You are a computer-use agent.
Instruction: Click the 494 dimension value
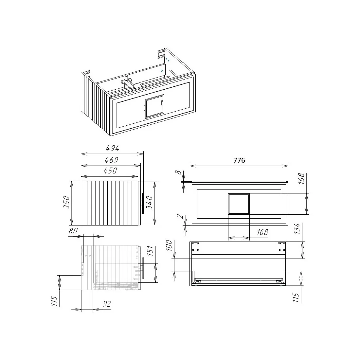(112, 148)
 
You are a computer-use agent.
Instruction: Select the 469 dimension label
(112, 160)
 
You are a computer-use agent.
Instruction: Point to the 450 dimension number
(110, 171)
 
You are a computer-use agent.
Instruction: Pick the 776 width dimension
(239, 160)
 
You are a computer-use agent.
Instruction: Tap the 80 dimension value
(74, 230)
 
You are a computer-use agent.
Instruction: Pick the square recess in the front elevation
(239, 204)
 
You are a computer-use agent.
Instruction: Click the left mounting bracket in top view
(195, 246)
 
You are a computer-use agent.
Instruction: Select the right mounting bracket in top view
(282, 246)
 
